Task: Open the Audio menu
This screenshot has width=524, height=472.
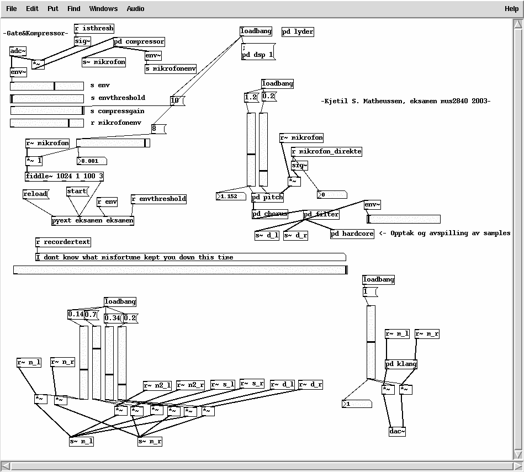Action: coord(135,8)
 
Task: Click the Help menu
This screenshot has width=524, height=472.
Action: coord(511,8)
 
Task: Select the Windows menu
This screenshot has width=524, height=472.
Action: coord(103,8)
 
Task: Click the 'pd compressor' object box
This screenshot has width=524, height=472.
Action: coord(139,41)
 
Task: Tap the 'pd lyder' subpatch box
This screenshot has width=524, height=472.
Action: coord(298,31)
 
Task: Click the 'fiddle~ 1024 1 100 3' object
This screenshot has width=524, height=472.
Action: coord(64,176)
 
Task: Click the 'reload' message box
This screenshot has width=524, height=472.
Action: coord(35,194)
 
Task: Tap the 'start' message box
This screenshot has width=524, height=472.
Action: coord(77,191)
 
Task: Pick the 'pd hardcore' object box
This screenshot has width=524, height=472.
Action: coord(352,234)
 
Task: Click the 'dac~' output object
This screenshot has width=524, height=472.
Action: coord(397,431)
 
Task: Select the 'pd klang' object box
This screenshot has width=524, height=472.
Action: coord(401,364)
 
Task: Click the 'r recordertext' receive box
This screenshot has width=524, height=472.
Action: coord(63,242)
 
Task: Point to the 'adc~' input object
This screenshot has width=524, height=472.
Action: coord(18,51)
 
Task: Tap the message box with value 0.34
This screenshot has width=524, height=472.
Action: coord(112,318)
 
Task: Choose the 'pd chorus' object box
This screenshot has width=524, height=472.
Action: coord(269,214)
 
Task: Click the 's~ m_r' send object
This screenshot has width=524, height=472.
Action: coord(150,441)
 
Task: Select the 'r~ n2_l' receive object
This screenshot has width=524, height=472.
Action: coord(157,385)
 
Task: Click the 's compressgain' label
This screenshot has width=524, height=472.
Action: coord(118,111)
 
